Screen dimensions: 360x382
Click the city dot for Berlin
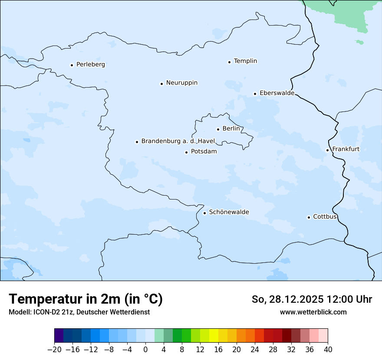click(x=218, y=129)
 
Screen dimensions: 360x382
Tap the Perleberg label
click(x=90, y=65)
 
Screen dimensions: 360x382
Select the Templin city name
click(x=245, y=61)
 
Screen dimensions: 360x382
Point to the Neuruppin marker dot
click(x=161, y=84)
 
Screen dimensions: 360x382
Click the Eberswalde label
click(x=277, y=93)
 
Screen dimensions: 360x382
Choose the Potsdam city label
click(x=204, y=152)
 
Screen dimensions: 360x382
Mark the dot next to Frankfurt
click(x=327, y=151)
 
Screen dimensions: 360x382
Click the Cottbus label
click(x=325, y=217)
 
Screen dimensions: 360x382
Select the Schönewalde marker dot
click(x=204, y=213)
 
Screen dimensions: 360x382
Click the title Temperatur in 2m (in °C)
click(x=86, y=299)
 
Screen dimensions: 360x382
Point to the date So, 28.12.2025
click(x=286, y=300)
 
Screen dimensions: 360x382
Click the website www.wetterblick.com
click(x=313, y=312)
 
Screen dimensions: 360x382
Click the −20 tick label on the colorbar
click(x=54, y=350)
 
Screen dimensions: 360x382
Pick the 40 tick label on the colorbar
click(x=328, y=350)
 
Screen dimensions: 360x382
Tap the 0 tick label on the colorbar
click(x=145, y=350)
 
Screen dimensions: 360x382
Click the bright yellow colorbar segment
click(x=214, y=336)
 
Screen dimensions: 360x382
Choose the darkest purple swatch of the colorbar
click(x=59, y=336)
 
